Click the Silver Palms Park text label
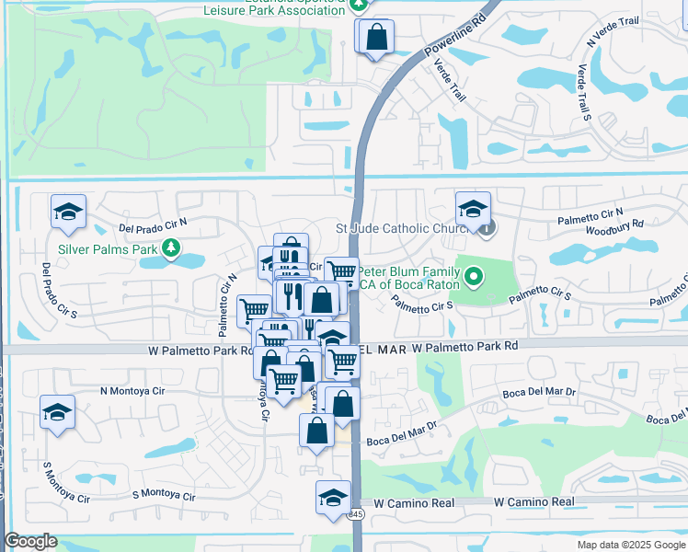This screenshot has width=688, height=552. pos(107,248)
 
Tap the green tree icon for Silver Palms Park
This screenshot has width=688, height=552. pos(170,247)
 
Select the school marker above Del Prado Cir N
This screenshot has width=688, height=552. pos(68,213)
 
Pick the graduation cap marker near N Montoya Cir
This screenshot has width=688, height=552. pos(57,412)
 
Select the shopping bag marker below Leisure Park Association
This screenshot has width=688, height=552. pos(376,39)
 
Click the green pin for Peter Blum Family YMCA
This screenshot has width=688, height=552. pos(474,275)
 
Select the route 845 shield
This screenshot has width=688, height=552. pos(357,513)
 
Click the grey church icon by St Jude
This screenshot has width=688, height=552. pos(487,225)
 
